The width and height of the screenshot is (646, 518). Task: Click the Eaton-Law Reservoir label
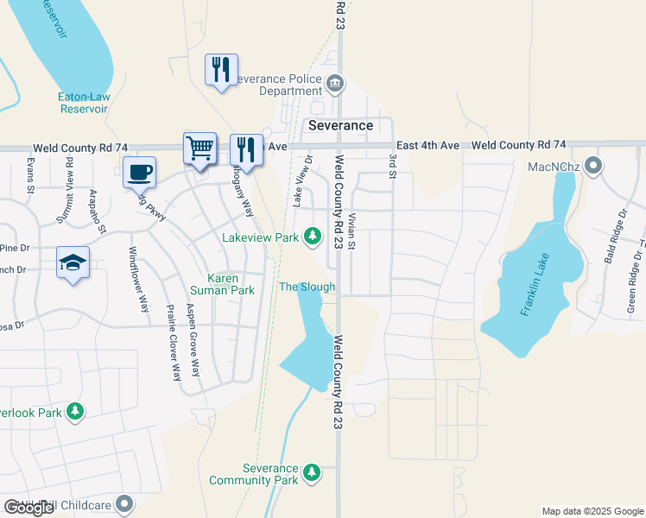tap(83, 103)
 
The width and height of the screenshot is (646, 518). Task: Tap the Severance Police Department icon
tap(336, 84)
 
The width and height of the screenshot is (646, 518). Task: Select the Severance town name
tap(341, 125)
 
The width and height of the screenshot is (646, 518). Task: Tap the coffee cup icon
tap(140, 172)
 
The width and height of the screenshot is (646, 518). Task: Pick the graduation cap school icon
tap(73, 262)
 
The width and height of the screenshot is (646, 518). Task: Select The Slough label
tap(307, 287)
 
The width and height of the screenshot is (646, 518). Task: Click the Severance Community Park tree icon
tap(312, 473)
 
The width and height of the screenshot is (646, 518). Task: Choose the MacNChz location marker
tap(593, 165)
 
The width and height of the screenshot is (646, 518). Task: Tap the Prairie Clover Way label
tap(174, 354)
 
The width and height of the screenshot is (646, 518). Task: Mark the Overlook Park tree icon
tap(76, 413)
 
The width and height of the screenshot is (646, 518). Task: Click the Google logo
tap(28, 508)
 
